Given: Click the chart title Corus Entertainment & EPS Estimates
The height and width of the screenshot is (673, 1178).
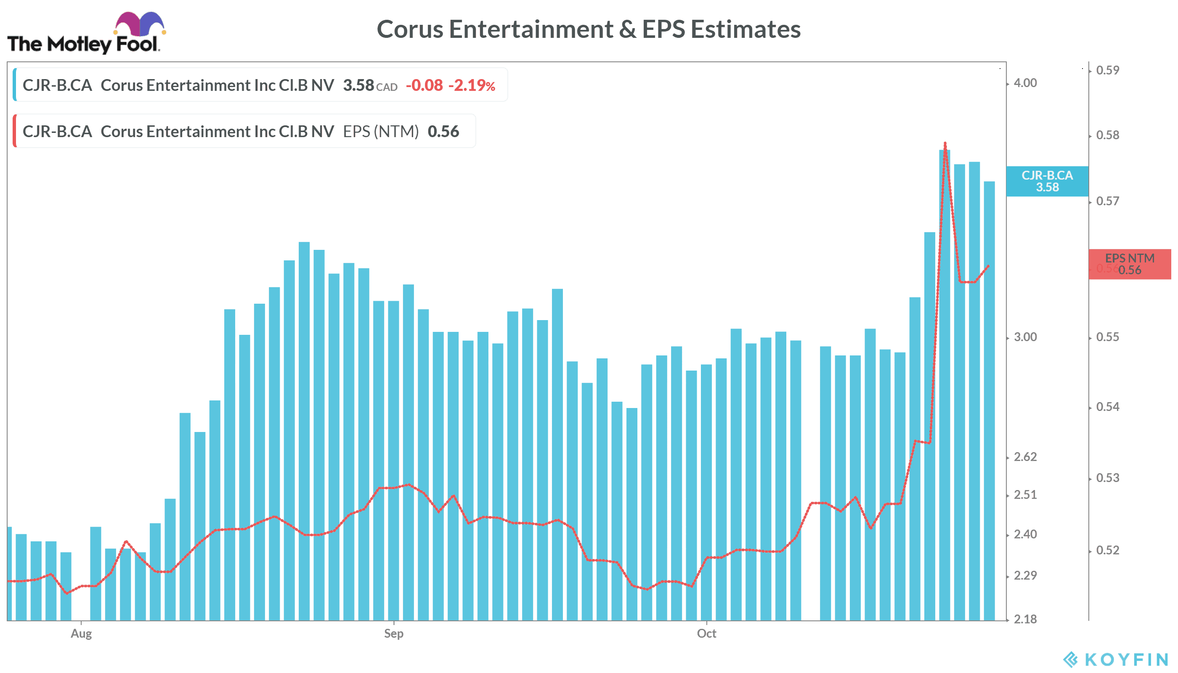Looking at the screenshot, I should (x=588, y=29).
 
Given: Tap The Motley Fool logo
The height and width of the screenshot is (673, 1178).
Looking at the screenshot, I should (x=85, y=33).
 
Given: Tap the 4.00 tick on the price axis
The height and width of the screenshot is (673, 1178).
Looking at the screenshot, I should (x=1025, y=83).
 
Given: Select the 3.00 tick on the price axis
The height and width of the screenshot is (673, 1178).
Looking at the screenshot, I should (x=1025, y=337).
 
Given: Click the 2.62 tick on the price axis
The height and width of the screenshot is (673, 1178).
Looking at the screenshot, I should (x=1025, y=457).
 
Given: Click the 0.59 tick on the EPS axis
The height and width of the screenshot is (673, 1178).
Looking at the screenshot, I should (x=1108, y=70).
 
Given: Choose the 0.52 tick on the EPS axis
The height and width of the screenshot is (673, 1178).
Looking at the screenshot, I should (x=1108, y=550).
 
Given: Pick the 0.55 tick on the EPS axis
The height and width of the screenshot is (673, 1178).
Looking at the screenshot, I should (x=1108, y=337).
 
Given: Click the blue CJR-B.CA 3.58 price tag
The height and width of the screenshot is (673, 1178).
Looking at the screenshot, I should (x=1047, y=181).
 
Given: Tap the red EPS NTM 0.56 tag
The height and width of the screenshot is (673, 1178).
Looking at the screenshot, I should (x=1130, y=264).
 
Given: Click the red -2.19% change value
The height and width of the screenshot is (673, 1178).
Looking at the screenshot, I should (x=472, y=85).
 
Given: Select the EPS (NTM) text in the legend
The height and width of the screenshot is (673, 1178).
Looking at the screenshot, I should (x=380, y=132).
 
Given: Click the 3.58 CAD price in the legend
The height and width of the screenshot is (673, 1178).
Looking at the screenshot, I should (x=369, y=85).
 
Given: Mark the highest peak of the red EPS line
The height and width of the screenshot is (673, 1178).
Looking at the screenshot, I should (x=945, y=143).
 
